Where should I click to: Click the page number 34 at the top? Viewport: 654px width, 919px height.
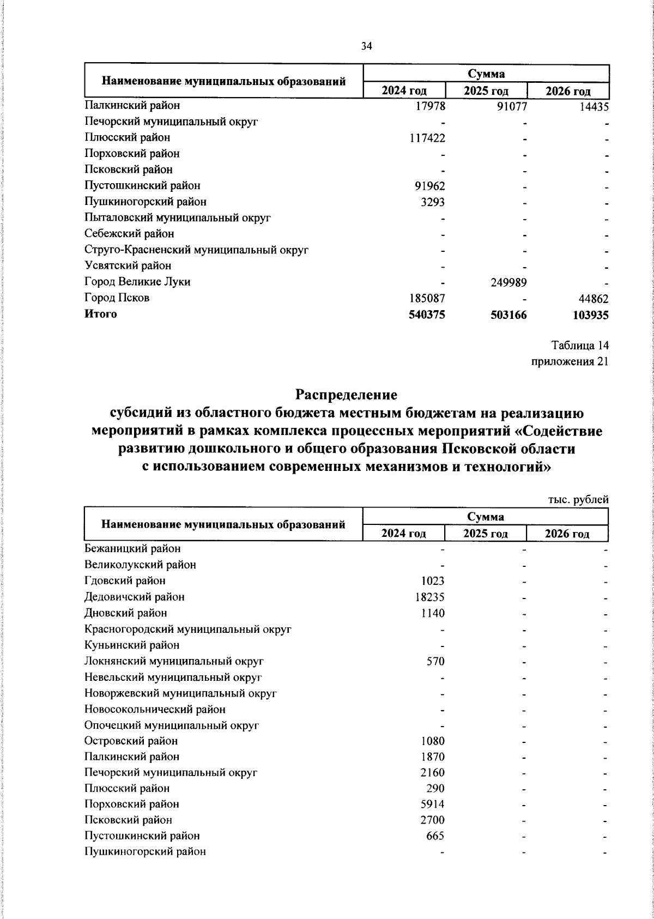(x=366, y=47)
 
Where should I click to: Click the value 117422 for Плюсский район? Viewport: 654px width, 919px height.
(x=427, y=138)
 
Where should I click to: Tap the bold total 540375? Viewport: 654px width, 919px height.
(x=427, y=315)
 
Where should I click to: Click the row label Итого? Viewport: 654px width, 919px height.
(x=101, y=314)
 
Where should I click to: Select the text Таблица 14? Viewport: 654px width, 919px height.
(x=580, y=346)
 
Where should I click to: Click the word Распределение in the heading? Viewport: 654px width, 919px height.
(x=347, y=394)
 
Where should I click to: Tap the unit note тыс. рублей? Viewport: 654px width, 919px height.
(x=578, y=499)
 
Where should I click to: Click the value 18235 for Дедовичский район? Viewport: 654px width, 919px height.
(x=430, y=597)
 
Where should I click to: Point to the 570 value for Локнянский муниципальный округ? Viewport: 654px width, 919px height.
(x=435, y=661)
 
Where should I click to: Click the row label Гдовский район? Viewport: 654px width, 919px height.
(x=125, y=581)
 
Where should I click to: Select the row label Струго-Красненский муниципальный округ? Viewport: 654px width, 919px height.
(x=197, y=250)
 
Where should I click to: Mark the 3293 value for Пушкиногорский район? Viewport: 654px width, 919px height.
(x=433, y=202)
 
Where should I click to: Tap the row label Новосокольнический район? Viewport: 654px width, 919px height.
(x=155, y=709)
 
